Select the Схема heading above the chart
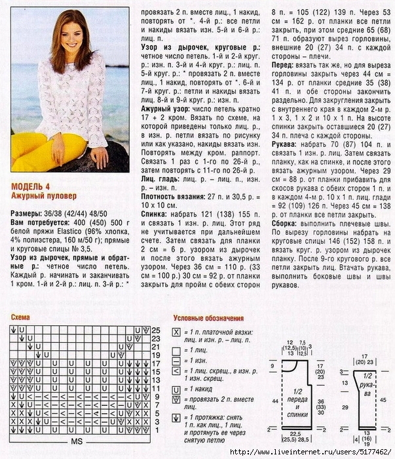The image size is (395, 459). click(x=21, y=317)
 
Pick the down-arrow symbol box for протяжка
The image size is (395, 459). click(x=176, y=417)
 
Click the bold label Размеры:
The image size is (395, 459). click(x=29, y=213)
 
